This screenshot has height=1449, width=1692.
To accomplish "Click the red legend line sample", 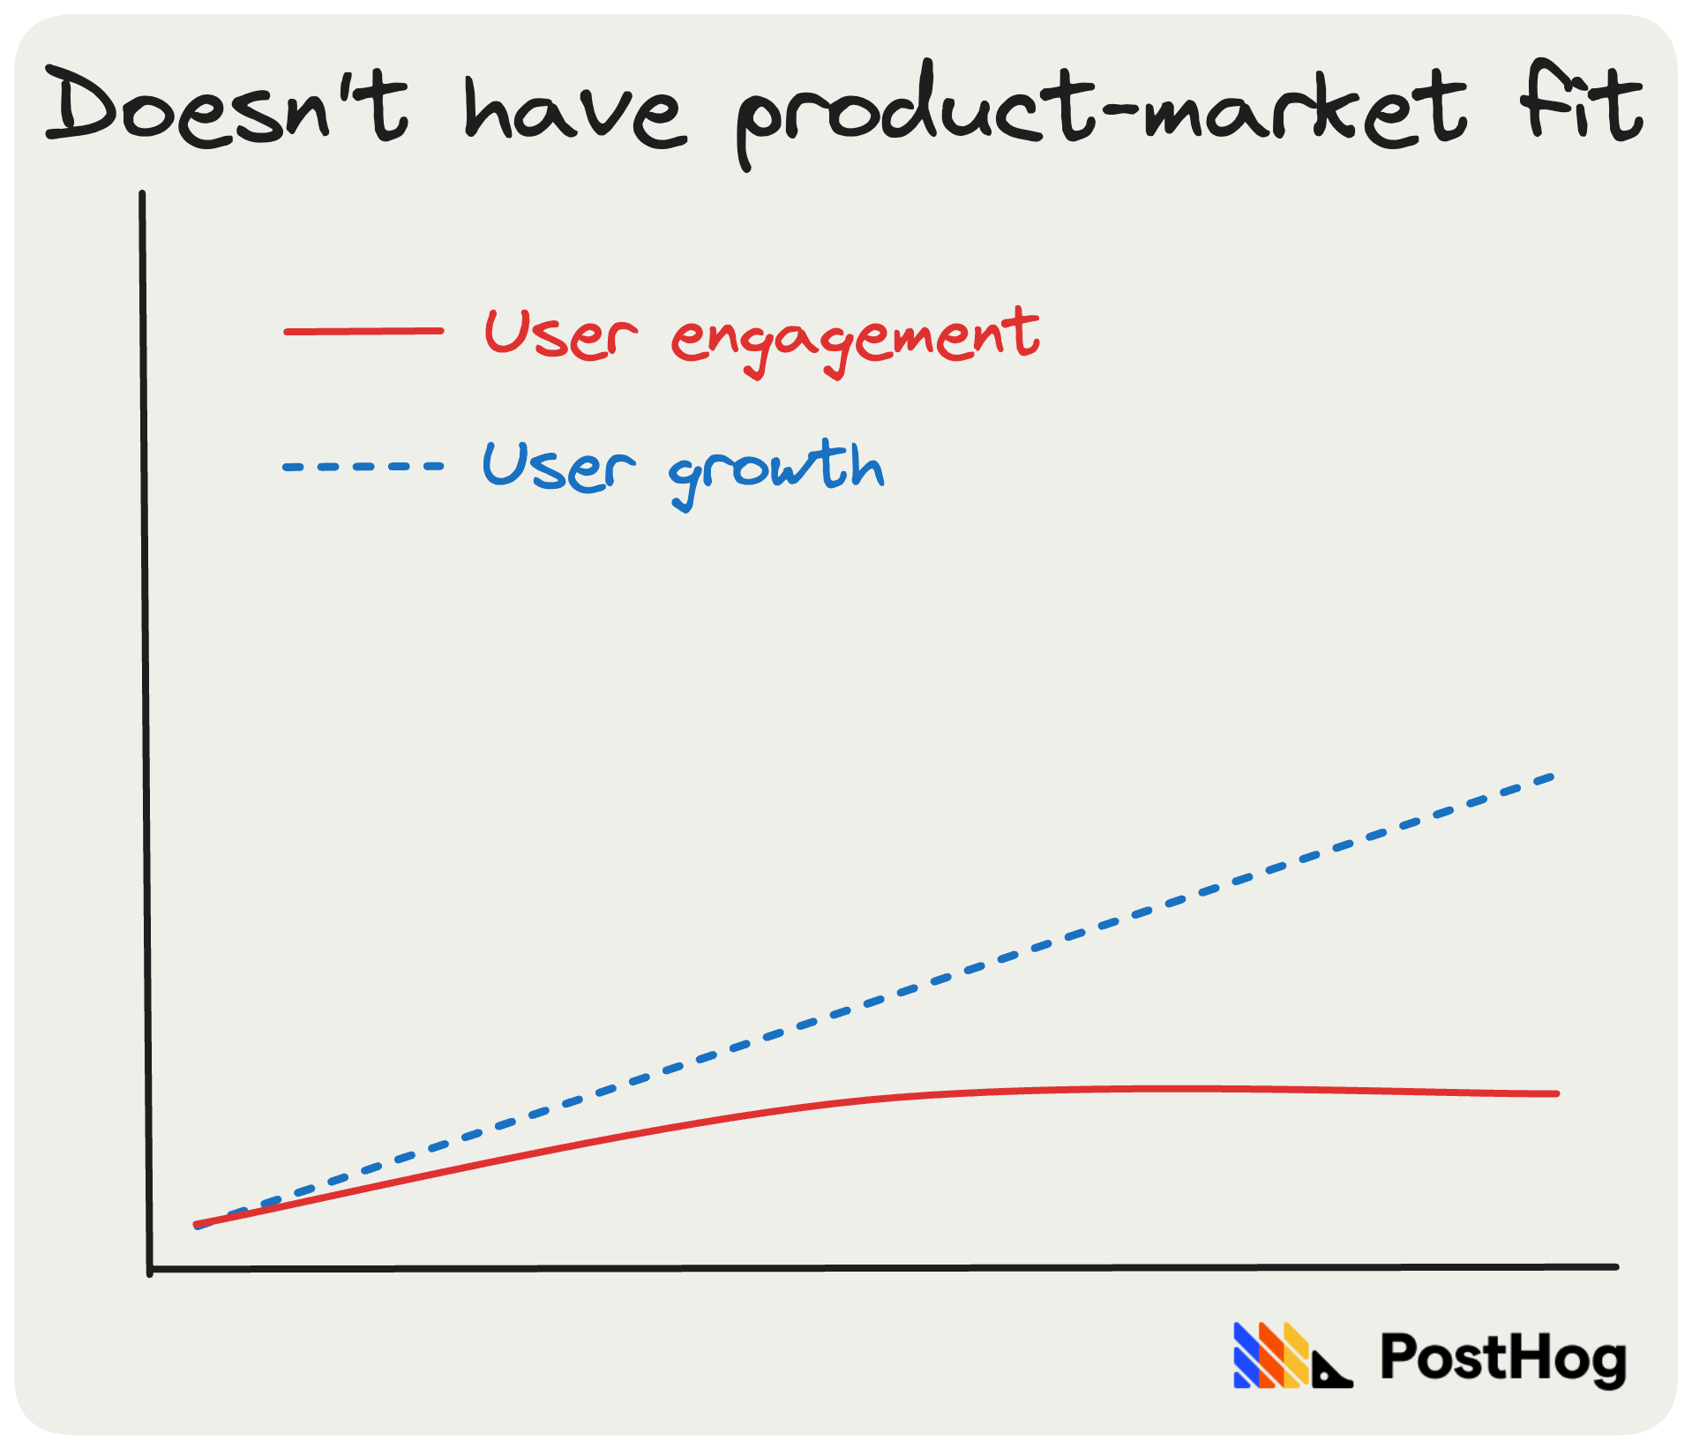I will (363, 332).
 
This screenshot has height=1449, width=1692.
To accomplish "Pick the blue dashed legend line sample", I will (363, 466).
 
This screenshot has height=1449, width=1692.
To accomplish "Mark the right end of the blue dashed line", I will (1553, 777).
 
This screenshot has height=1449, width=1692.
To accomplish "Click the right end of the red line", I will (1557, 1093).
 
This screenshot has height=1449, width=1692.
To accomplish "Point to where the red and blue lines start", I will (197, 1225).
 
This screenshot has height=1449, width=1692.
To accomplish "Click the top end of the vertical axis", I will (142, 193).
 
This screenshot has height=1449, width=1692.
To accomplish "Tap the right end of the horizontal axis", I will (1616, 1266).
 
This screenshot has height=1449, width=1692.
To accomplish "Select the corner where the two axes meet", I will (150, 1271).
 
